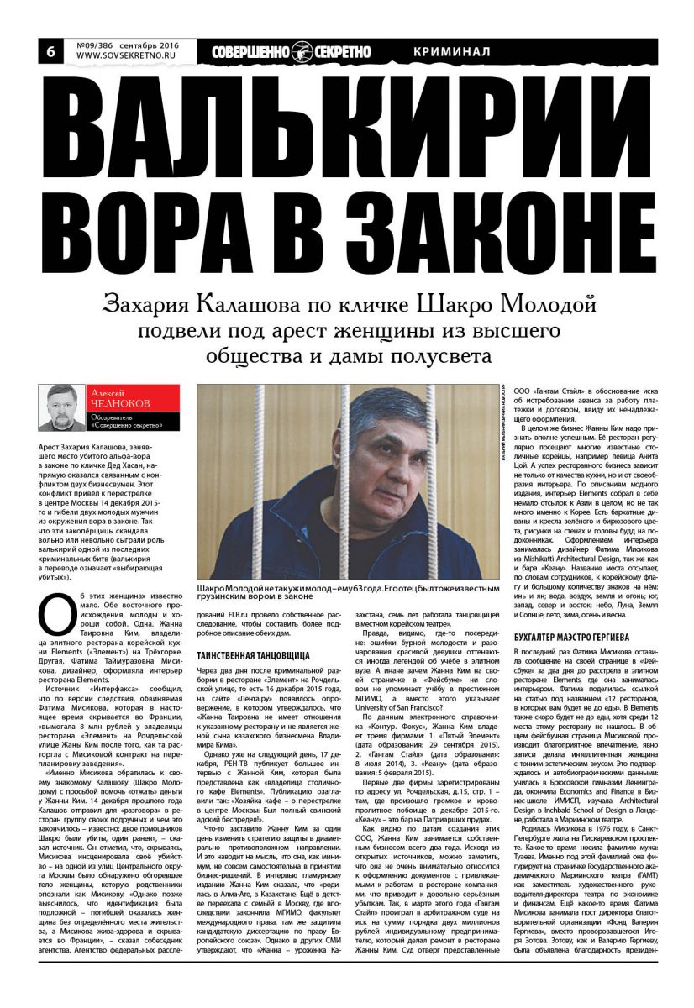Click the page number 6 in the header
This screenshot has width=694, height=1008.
click(x=50, y=51)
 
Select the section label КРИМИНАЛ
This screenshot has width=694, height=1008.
click(x=452, y=51)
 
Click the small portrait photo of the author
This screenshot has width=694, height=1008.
click(x=62, y=407)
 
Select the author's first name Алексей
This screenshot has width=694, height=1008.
click(x=107, y=392)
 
